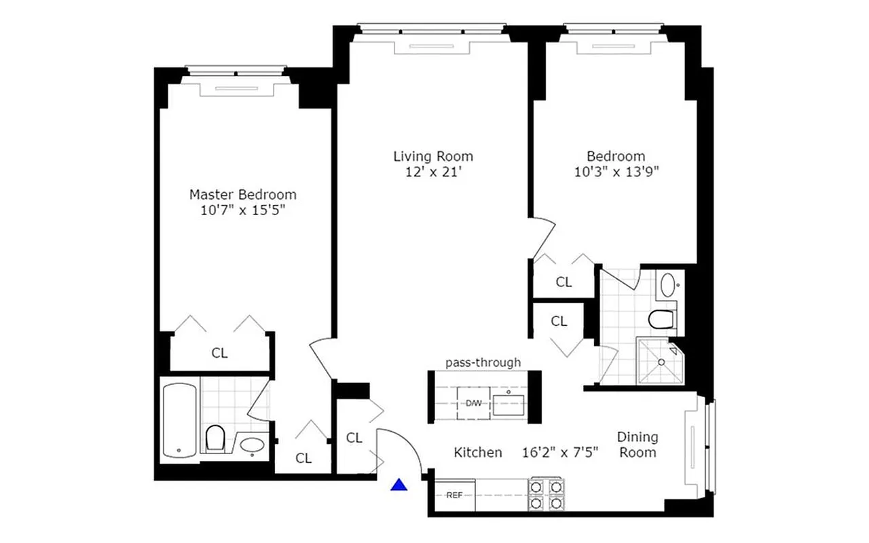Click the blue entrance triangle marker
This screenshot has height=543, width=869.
tap(401, 485)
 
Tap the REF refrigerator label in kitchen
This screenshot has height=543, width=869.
tap(454, 495)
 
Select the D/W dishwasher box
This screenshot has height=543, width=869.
tap(473, 403)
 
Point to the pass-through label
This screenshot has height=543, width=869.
tap(483, 362)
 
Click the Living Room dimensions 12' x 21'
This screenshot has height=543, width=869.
tap(432, 172)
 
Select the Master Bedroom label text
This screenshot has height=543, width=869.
tap(242, 194)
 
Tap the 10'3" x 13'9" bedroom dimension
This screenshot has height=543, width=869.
tap(616, 172)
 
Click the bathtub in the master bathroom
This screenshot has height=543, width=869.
tap(180, 419)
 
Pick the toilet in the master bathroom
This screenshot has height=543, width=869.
tap(215, 438)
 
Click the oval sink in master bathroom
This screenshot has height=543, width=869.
tap(253, 445)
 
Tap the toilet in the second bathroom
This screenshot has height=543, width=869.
tap(661, 318)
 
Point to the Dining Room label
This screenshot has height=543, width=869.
tap(637, 445)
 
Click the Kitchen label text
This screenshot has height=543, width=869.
tap(478, 452)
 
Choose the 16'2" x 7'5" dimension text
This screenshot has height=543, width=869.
tap(560, 452)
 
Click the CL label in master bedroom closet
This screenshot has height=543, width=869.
tap(219, 353)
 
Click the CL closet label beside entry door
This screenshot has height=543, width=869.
tap(354, 438)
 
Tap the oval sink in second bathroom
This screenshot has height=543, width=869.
tap(668, 284)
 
